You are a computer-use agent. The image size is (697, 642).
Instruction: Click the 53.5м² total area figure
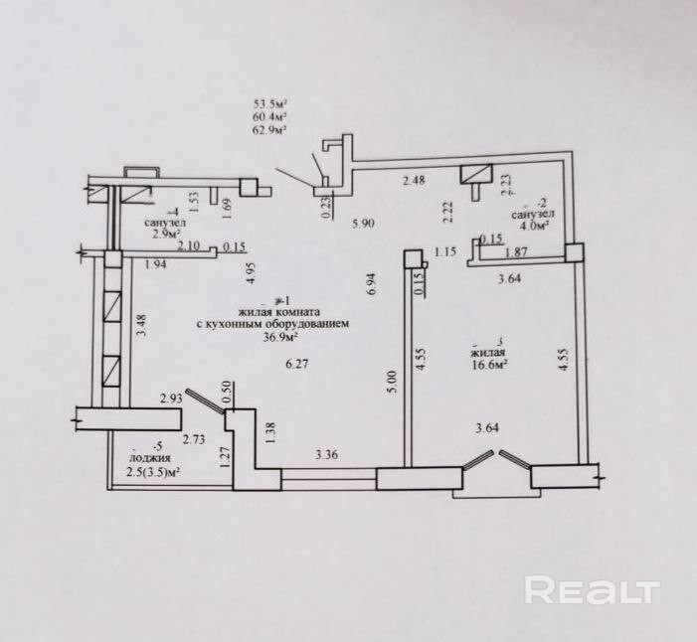[x=271, y=101]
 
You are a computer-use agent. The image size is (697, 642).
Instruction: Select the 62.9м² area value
[x=271, y=129]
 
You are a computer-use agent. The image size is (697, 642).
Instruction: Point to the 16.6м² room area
[x=489, y=365]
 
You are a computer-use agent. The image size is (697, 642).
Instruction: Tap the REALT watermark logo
[x=593, y=590]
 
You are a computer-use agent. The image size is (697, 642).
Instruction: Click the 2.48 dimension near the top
[x=414, y=180]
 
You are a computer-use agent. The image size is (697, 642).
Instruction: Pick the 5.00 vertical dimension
[x=392, y=381]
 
